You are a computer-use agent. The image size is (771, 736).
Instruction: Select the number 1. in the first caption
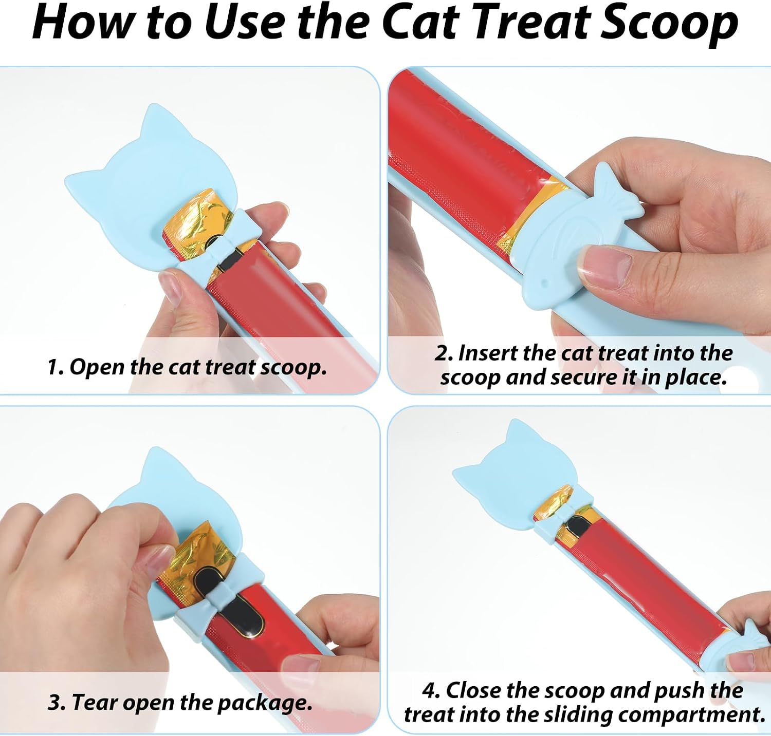pyautogui.click(x=56, y=367)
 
